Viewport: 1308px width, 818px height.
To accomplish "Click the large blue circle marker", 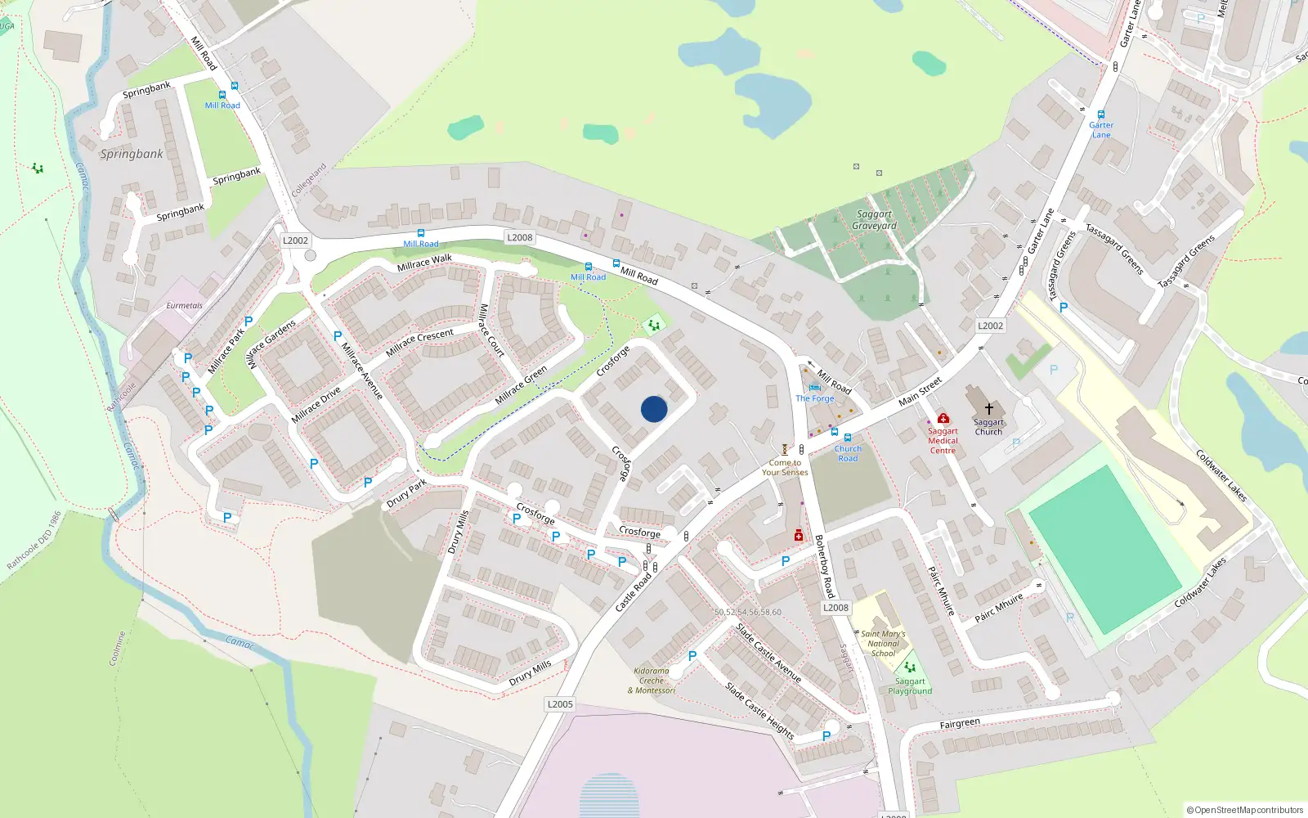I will pos(654,409).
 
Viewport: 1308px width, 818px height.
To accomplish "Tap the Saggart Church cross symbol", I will pos(988,409).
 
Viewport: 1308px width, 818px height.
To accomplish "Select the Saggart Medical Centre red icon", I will pos(943,419).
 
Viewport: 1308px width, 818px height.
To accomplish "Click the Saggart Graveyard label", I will pos(874,220).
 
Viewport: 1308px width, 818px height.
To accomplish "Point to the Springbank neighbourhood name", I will pos(132,154).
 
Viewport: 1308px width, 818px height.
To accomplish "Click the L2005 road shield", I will pos(560,704).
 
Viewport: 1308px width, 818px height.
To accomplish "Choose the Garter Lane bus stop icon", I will pos(1101,115).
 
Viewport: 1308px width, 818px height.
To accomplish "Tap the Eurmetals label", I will pos(184,306).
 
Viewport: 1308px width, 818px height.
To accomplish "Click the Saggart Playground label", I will pos(910,686).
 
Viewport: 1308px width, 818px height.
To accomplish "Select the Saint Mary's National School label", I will pos(883,644).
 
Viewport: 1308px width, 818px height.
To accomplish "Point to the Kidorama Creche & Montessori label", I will pos(652,681).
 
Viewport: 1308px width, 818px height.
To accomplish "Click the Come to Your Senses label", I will pos(785,467).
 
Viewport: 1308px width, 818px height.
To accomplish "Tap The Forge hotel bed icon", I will pos(814,388).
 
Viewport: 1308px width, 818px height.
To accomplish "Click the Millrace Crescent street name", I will pos(419,342).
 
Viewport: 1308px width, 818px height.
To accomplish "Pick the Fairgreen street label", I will pos(960,724).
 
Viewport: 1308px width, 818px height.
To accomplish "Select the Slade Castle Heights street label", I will pos(759,711).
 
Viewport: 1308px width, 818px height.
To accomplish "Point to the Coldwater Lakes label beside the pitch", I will pos(1221,475).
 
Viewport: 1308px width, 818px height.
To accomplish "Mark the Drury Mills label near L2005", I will pos(530,673).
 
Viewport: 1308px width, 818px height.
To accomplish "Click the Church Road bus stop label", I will pos(848,453).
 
